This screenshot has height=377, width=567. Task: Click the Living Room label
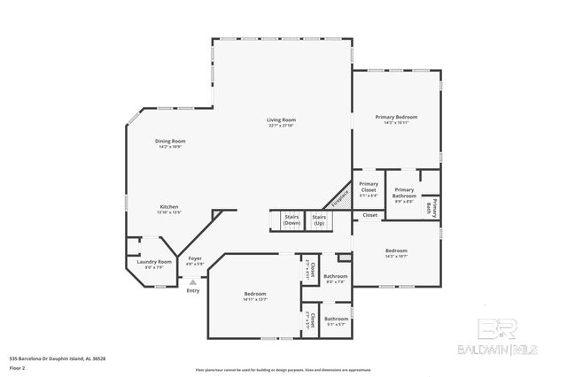tap(282, 122)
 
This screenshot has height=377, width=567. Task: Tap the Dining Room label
tap(171, 143)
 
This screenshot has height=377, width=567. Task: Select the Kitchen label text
tap(170, 209)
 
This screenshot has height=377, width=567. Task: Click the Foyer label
tap(195, 261)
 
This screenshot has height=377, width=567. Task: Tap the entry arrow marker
tap(192, 281)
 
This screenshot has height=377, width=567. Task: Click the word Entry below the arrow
tap(193, 291)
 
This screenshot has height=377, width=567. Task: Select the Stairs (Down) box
tap(291, 219)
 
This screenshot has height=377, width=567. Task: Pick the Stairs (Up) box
tap(319, 219)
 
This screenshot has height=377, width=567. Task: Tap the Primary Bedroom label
tap(396, 119)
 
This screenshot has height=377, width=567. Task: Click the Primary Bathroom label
tap(404, 193)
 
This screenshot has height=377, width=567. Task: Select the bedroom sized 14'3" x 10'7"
tap(396, 253)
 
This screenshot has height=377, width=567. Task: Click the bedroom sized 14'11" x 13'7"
tap(255, 296)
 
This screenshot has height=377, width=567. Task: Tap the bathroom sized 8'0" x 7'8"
tap(336, 279)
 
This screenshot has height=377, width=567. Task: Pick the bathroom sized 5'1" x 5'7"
tap(336, 320)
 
